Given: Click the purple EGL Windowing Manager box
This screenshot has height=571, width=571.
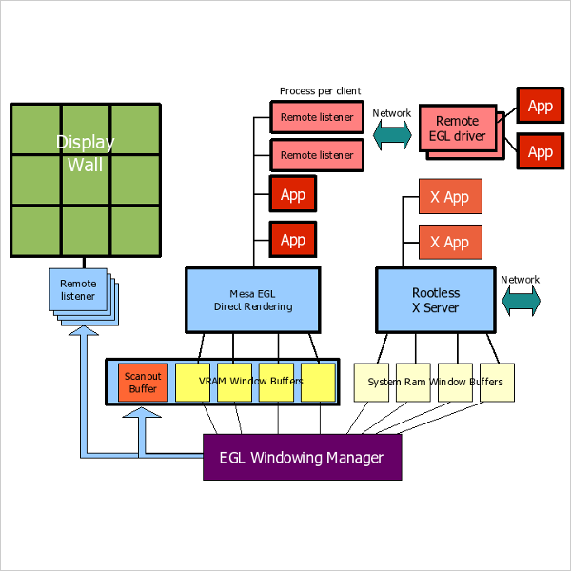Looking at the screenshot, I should pos(302,458).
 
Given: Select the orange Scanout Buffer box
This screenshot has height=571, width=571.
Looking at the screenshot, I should pos(143,383).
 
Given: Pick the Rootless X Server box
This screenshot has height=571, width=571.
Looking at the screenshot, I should pos(435,300).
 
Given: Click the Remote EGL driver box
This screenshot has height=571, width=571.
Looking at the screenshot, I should pos(458,128).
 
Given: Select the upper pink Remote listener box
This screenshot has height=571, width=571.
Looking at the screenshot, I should pos(317,118).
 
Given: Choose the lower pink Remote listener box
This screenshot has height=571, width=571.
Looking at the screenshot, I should pos(317,154).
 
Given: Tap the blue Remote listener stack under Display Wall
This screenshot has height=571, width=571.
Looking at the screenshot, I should pos(79,289).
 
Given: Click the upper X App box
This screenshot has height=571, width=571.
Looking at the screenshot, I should pos(449,197).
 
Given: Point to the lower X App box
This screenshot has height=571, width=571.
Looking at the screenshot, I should pos(449,243).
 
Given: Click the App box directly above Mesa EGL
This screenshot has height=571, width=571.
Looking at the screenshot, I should pos(292,240).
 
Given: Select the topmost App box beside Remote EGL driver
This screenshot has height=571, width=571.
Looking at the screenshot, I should pos(540,106).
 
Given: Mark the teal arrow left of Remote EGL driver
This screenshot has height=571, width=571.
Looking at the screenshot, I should pos(391,135).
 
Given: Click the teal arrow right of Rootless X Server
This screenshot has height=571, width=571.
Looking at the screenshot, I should pos(521,301).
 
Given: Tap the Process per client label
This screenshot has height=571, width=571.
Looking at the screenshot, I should pos(320,91).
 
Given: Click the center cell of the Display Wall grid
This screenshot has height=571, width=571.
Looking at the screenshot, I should pos(86,180).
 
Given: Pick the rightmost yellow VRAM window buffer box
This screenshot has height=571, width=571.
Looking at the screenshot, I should pos(319,383).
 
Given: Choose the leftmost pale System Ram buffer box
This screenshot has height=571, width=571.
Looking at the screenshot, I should pos(372,383).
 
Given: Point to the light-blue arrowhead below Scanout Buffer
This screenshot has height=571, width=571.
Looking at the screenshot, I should pos(144,416).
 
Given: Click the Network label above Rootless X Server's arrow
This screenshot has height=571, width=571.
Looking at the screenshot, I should pos(521,280).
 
